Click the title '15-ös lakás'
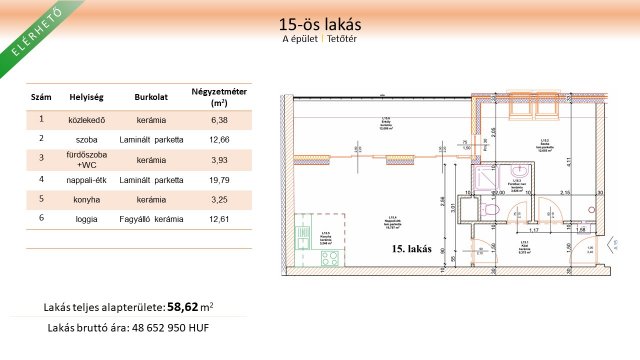click(320, 23)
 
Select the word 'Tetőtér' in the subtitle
click(343, 39)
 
